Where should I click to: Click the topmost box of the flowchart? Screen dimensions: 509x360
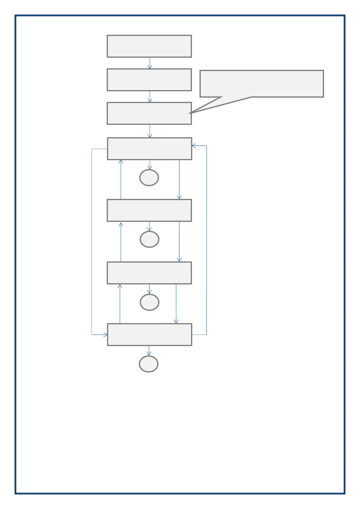point(149,46)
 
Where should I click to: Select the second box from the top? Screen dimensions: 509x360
point(149,80)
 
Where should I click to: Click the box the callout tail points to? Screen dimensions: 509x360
point(149,113)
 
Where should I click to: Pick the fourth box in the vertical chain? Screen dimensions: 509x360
point(149,149)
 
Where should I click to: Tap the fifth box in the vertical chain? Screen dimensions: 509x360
point(149,210)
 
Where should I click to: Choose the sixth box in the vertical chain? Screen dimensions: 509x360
point(149,273)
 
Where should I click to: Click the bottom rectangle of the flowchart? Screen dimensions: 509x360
point(149,335)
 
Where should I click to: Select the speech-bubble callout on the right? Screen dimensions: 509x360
point(262,84)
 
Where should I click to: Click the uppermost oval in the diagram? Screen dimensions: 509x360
point(149,178)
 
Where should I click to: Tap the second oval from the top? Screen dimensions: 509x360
point(149,239)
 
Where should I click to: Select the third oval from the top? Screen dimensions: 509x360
point(149,302)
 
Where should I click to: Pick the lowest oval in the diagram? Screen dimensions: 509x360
point(148,364)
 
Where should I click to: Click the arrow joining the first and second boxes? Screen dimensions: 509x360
point(150,63)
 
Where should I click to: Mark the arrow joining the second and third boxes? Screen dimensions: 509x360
point(150,97)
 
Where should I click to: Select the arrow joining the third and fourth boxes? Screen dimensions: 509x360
point(150,131)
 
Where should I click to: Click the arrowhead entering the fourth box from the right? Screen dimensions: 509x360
point(194,146)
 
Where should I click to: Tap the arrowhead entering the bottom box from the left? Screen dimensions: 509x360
point(105,335)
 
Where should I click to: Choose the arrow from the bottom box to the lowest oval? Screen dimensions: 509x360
point(148,351)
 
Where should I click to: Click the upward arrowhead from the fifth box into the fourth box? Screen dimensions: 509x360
point(121,161)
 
